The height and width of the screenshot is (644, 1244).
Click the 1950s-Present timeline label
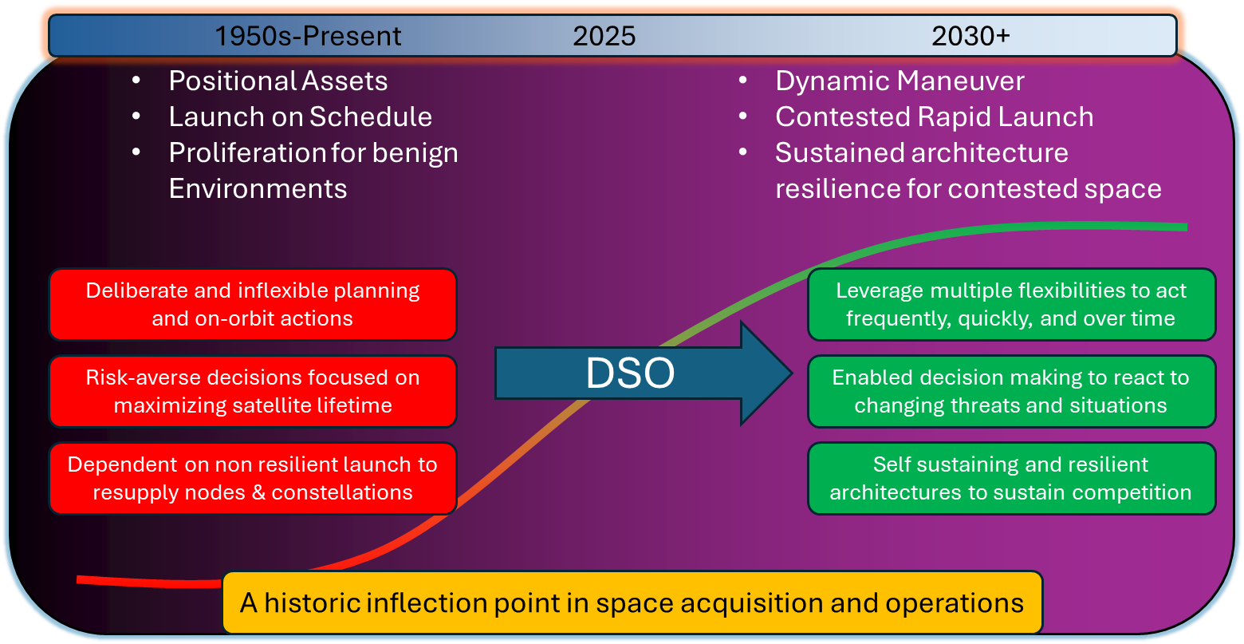click(x=309, y=36)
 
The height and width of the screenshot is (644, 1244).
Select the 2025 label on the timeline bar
click(x=604, y=36)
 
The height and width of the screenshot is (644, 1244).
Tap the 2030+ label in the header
click(x=970, y=36)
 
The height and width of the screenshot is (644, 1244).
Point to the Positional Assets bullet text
click(x=278, y=81)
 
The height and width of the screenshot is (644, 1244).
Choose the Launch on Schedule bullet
click(x=300, y=117)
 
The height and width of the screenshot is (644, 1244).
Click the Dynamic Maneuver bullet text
click(x=900, y=81)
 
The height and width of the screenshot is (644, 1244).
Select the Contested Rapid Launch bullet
click(x=934, y=117)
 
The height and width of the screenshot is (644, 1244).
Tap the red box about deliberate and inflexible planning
click(x=252, y=304)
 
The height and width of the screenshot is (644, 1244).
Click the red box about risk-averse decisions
click(x=252, y=391)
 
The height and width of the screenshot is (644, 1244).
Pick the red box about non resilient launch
click(x=252, y=478)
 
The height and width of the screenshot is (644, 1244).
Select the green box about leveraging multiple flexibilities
click(x=1010, y=304)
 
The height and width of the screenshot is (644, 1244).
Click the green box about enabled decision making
click(x=1010, y=391)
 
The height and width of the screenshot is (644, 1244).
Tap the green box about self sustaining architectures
click(x=1010, y=478)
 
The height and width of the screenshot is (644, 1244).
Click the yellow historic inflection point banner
click(x=632, y=603)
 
